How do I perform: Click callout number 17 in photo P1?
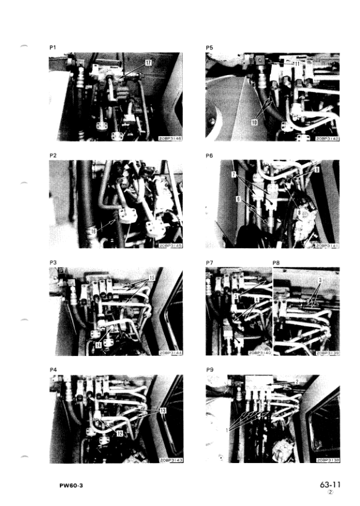point(148,62)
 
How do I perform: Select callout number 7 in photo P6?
point(232,174)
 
